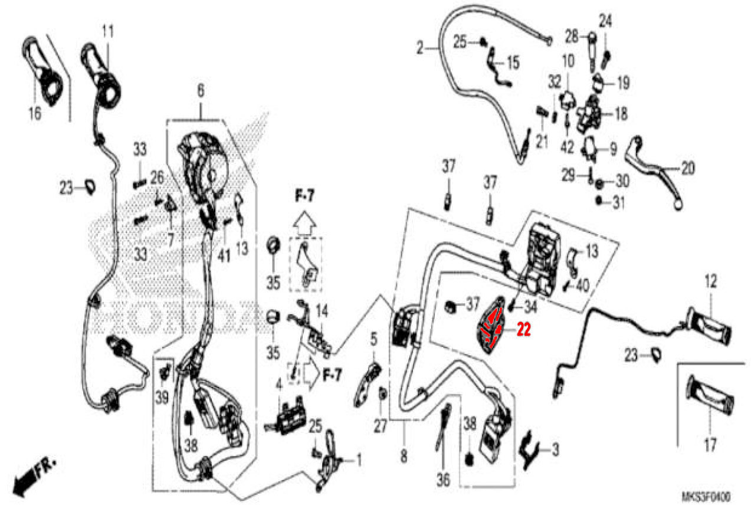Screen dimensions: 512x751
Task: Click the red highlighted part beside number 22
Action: tap(491, 327)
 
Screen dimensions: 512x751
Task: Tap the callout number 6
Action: tap(201, 91)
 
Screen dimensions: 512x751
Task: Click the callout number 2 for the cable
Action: tap(419, 48)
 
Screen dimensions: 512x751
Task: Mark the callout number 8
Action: tap(405, 455)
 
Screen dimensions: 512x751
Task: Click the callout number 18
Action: tap(620, 113)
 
